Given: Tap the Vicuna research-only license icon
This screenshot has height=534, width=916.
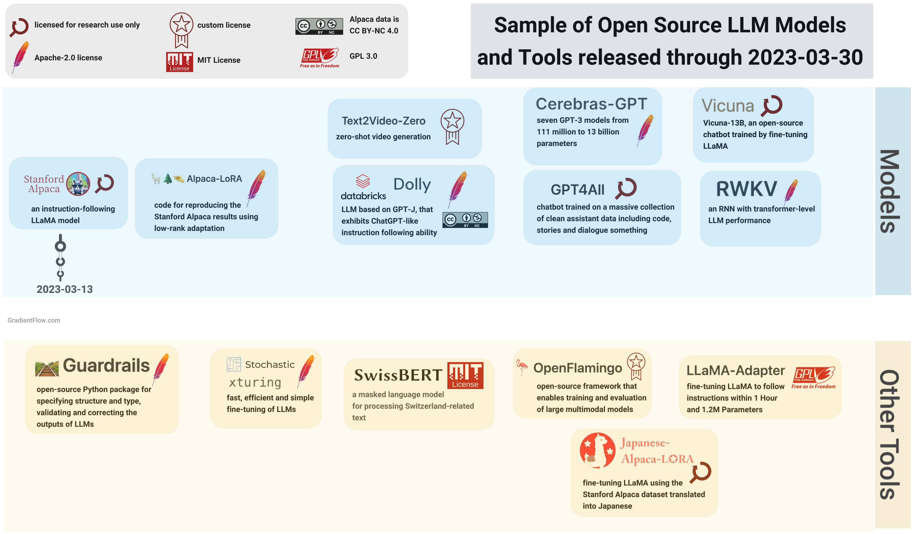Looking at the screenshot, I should click(x=772, y=105).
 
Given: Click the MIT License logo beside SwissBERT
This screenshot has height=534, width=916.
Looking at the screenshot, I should click(x=465, y=375).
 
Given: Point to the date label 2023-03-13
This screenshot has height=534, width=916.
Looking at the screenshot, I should click(x=65, y=289).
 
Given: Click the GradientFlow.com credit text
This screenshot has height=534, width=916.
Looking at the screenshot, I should click(x=34, y=320).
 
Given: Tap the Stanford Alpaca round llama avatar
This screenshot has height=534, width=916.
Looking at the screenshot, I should click(x=78, y=184).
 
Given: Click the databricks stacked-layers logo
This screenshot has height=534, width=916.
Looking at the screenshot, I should click(x=363, y=181).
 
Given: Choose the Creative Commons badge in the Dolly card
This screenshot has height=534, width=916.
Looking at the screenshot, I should click(x=465, y=220).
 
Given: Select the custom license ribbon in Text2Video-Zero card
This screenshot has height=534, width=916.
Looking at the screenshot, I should click(x=452, y=126).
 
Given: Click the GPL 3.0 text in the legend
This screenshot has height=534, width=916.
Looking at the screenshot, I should click(x=363, y=56).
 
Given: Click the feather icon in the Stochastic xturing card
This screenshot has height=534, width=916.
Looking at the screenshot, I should click(x=306, y=371).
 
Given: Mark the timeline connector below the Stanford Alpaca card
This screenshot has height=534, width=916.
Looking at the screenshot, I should click(x=60, y=257).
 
